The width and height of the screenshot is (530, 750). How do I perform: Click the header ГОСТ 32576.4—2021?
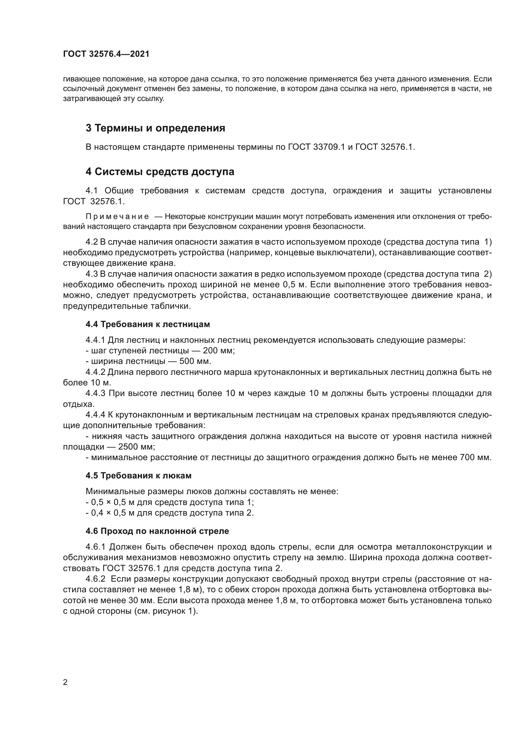coord(106,54)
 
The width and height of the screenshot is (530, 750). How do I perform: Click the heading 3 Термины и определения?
coord(155,128)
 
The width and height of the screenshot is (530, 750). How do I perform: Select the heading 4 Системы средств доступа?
coord(160,172)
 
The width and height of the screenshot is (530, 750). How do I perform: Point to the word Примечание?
coord(117,216)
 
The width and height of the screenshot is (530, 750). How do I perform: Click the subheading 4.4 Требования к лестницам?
coord(147,324)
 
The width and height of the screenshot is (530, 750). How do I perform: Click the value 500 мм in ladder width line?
coord(195,362)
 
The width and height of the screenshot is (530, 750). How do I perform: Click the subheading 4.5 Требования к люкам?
coord(138,476)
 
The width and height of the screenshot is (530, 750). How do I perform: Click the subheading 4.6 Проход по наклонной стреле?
coord(157,531)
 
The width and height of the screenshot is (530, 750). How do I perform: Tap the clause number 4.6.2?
coord(95,579)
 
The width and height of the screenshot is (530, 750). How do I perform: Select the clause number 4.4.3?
coord(95,393)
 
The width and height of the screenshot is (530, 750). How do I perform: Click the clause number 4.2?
coord(91,242)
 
